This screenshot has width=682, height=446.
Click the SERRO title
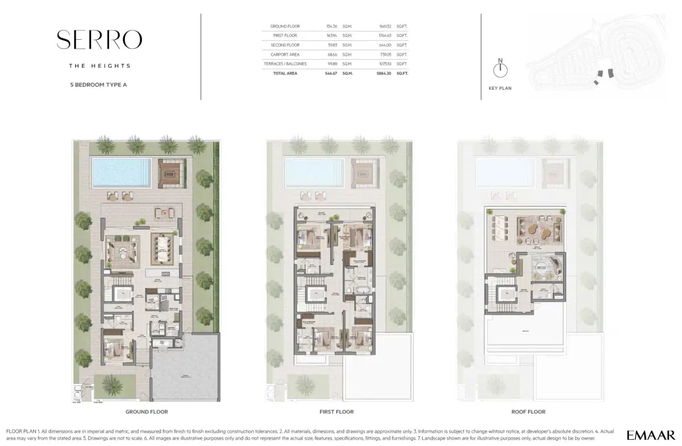click(99, 40)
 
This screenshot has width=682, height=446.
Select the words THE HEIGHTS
click(99, 66)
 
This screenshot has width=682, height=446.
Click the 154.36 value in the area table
click(332, 27)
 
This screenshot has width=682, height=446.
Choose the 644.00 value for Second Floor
click(386, 45)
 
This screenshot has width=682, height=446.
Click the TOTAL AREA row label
click(285, 73)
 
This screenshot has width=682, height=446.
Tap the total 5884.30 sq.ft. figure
click(385, 73)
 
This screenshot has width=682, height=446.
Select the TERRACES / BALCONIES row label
click(288, 64)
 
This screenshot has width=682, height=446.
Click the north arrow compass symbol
click(500, 69)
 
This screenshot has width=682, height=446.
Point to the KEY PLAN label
click(500, 89)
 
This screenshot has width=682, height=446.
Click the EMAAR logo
click(651, 435)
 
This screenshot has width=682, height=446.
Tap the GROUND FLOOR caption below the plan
click(146, 412)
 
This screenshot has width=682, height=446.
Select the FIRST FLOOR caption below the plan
click(336, 412)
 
